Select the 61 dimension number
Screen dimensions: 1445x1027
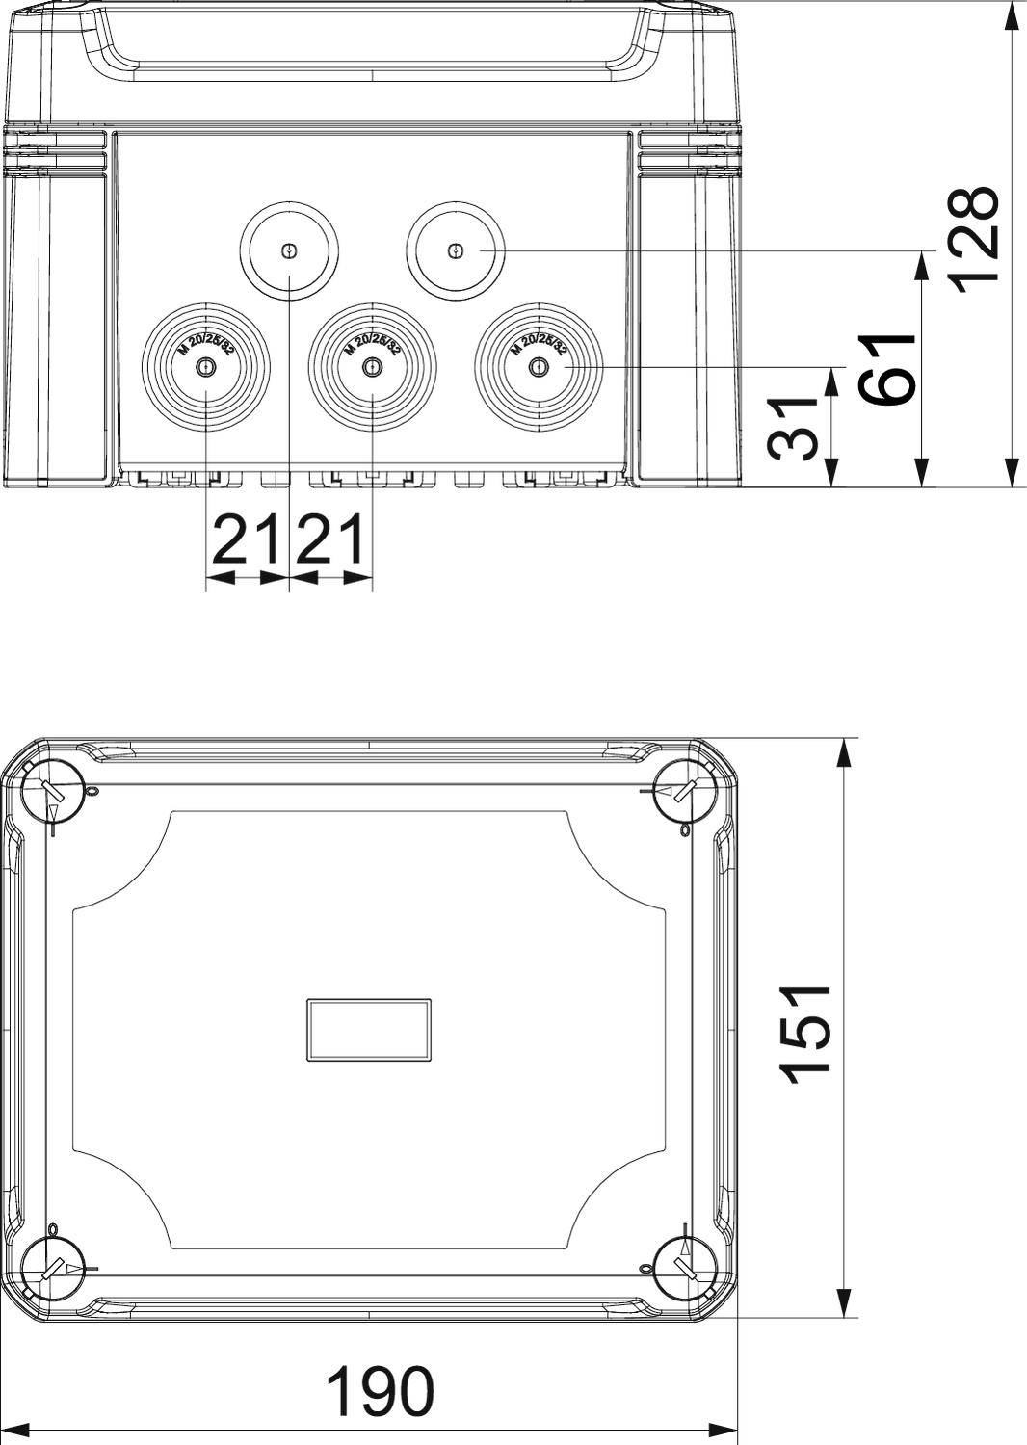click(x=887, y=371)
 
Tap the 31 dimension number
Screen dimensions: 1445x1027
click(x=796, y=429)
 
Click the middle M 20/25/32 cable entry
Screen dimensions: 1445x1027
click(x=373, y=368)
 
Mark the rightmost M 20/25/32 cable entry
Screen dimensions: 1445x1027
click(x=540, y=368)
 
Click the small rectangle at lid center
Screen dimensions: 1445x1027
click(x=369, y=1030)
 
